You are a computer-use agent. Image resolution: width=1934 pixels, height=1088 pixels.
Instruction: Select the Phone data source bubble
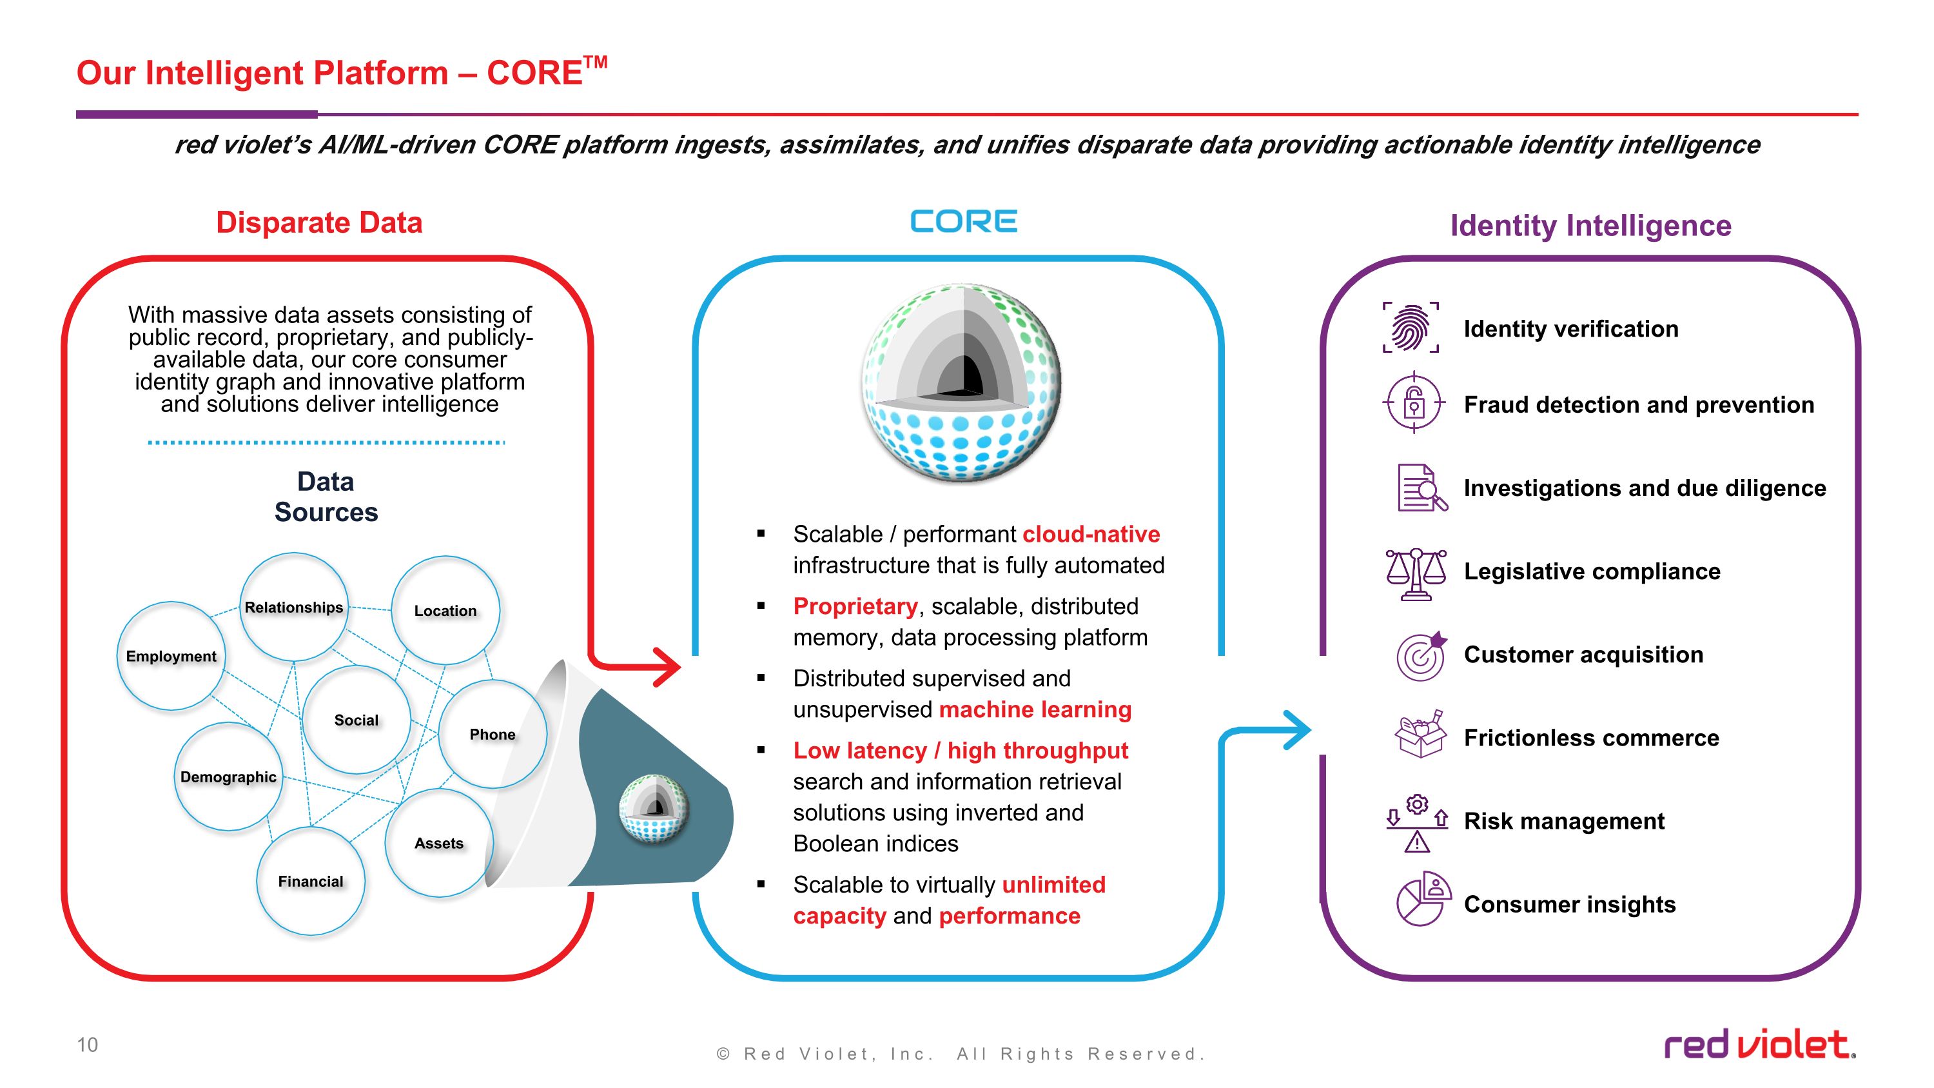[493, 733]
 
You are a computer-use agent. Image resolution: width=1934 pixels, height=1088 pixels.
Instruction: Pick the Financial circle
[311, 881]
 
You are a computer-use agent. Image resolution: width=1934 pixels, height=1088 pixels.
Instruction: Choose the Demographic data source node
[228, 776]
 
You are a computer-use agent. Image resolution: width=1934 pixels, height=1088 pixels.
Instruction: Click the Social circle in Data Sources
[357, 719]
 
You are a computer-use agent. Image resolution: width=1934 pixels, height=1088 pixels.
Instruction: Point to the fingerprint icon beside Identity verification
[1411, 328]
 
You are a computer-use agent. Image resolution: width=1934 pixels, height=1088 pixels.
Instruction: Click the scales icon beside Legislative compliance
[1415, 573]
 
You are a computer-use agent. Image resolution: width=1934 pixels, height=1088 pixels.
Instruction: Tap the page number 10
[87, 1044]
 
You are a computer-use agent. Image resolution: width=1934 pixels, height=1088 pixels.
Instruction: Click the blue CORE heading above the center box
[963, 221]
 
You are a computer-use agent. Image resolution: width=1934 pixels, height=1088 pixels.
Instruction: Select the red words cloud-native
[1091, 534]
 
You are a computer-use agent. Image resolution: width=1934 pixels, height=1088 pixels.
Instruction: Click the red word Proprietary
[855, 606]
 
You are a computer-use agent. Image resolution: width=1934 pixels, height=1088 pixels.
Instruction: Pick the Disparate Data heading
[319, 223]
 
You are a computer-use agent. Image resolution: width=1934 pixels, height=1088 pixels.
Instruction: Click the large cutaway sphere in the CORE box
[962, 383]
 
